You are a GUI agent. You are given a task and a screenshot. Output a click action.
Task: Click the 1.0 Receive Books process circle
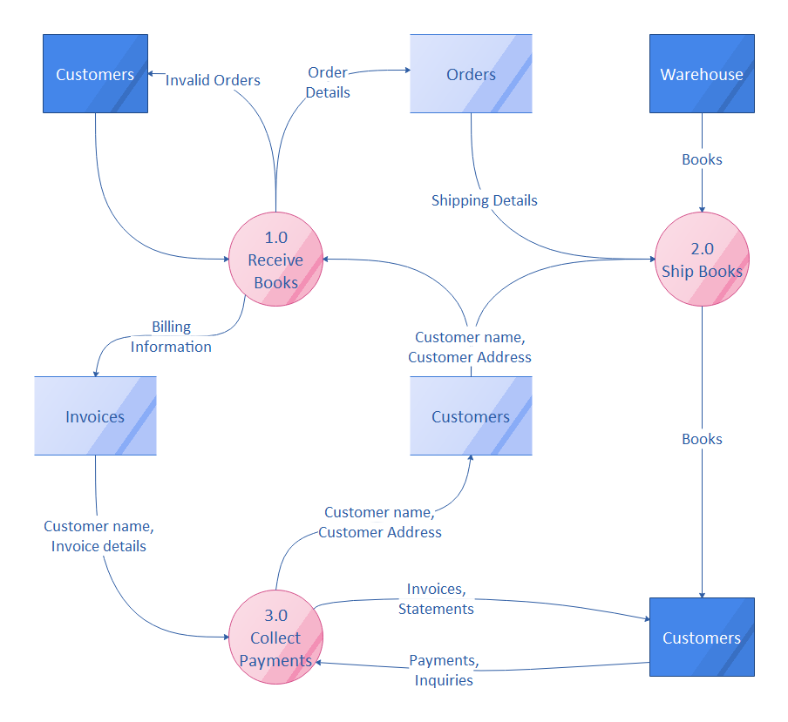[275, 260]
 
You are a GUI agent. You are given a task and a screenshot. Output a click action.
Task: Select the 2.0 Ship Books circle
[702, 260]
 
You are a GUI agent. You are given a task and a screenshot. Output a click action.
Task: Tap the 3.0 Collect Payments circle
[275, 638]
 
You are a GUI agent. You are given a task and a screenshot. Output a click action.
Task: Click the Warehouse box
[702, 74]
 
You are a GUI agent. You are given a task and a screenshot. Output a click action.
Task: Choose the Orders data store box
[471, 74]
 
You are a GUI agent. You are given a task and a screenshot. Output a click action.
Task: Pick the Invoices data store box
[95, 416]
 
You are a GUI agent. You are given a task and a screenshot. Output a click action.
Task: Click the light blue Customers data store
[471, 416]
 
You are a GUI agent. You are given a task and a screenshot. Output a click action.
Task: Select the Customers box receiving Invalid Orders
[95, 74]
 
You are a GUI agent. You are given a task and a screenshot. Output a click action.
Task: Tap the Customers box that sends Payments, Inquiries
[702, 638]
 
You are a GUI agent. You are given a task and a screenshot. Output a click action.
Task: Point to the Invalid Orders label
[213, 80]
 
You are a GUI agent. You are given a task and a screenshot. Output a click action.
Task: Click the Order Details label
[328, 82]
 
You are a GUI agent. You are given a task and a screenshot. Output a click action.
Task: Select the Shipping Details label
[484, 200]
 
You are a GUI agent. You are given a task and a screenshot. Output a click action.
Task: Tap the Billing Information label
[171, 336]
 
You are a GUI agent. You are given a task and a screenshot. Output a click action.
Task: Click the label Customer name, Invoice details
[98, 536]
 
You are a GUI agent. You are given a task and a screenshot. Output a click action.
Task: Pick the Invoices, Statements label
[436, 599]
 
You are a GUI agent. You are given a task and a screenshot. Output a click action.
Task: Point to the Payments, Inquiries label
[444, 671]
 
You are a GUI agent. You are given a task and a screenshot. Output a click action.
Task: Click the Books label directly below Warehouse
[702, 159]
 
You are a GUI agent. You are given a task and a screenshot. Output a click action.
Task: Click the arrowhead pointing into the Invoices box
[95, 372]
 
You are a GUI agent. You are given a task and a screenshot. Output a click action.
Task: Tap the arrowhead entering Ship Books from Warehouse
[702, 208]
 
